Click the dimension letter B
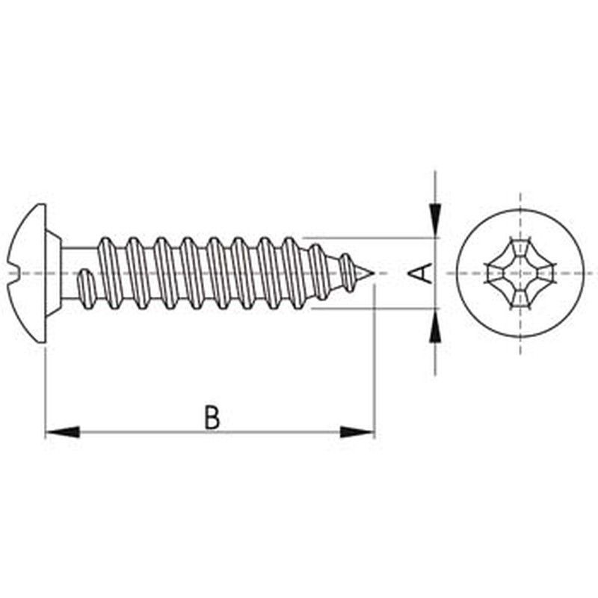coord(212,417)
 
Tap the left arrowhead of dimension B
coord(62,432)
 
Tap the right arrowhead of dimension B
coord(357,432)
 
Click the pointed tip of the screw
coord(372,273)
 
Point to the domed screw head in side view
coord(28,273)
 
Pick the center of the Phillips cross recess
coord(520,273)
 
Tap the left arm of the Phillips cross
coord(496,273)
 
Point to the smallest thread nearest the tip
coord(347,273)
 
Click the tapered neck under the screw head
coord(54,273)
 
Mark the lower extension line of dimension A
coord(376,308)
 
